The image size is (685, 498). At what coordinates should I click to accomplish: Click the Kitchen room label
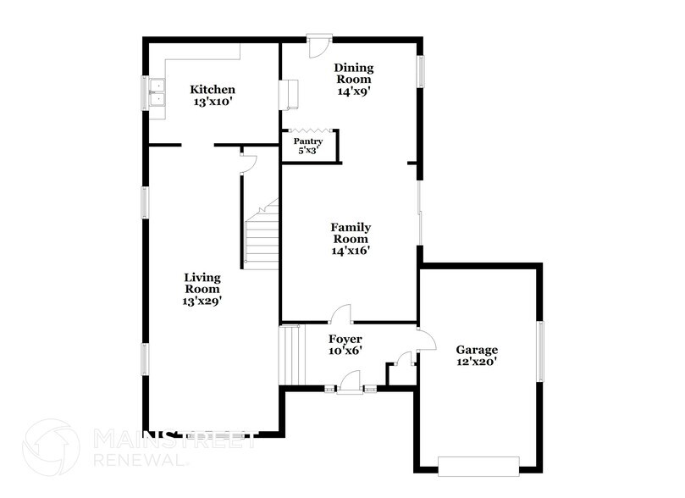[x=212, y=90]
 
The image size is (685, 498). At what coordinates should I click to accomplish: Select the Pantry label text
[x=307, y=141]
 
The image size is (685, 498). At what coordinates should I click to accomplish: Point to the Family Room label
[x=351, y=233]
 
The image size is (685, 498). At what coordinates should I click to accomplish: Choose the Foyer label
[x=345, y=339]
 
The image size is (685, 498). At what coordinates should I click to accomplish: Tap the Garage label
[x=477, y=350]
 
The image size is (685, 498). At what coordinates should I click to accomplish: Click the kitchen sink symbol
[x=157, y=93]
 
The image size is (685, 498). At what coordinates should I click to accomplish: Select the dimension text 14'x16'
[x=351, y=250]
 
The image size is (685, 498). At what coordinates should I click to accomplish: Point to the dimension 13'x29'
[x=202, y=301]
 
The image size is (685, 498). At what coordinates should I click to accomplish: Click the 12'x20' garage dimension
[x=477, y=362]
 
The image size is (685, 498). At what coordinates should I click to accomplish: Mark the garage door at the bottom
[x=478, y=464]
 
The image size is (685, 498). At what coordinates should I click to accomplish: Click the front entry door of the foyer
[x=348, y=389]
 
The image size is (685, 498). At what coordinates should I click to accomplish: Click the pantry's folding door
[x=311, y=130]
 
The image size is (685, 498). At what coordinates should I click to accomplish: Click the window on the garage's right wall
[x=539, y=351]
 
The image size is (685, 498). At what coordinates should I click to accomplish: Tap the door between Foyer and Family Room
[x=341, y=314]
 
